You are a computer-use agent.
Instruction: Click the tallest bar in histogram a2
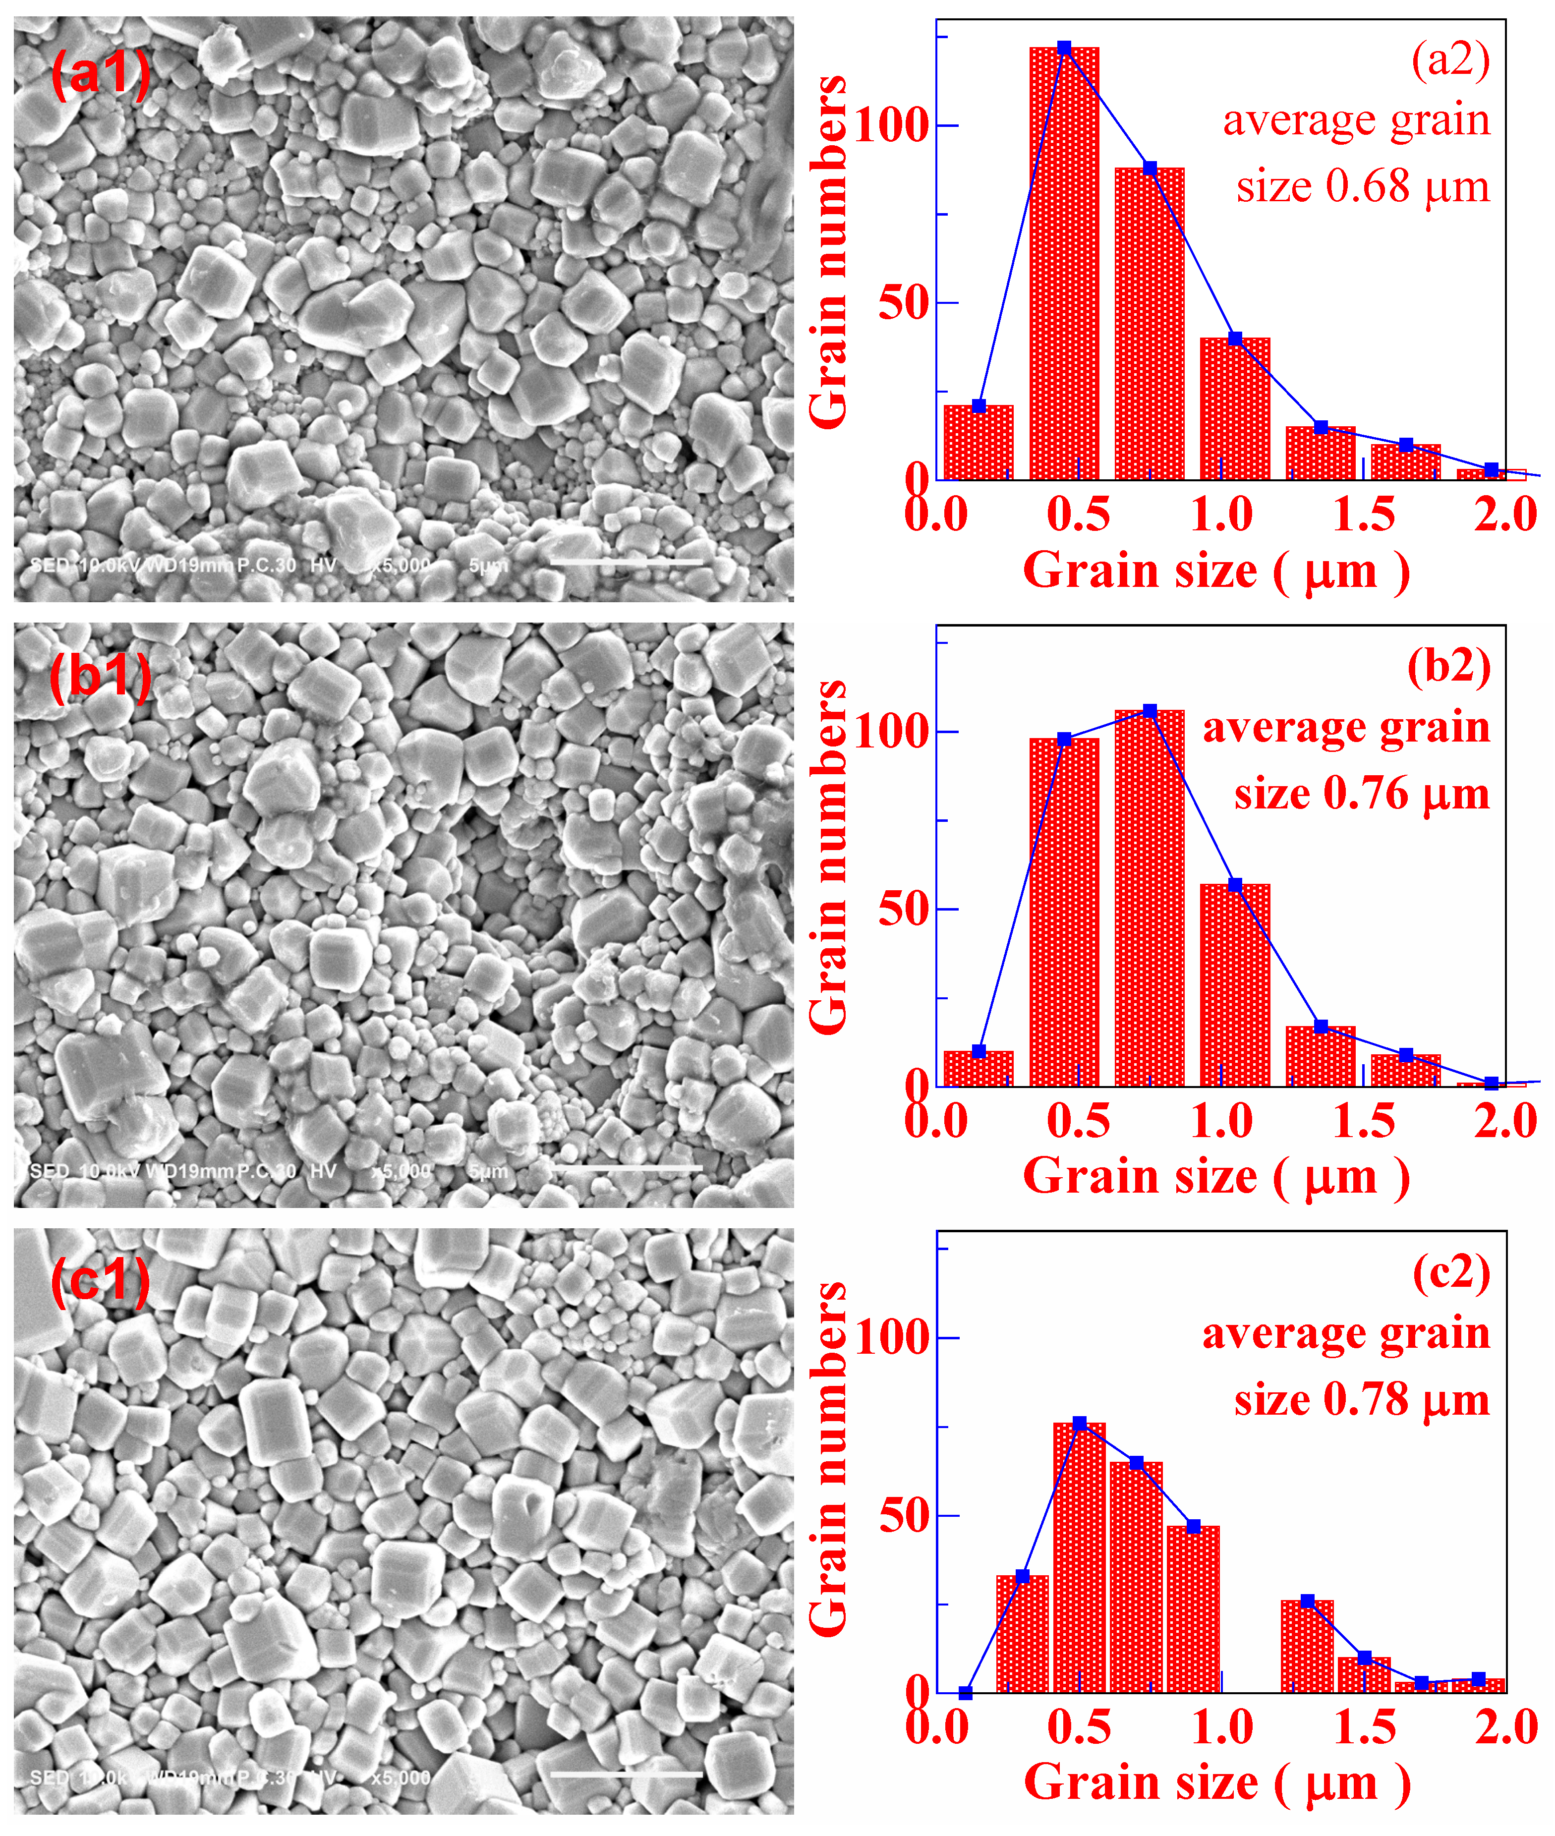click(1064, 264)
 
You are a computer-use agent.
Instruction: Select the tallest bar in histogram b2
click(1150, 899)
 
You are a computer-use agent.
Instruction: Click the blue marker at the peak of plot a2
click(1064, 48)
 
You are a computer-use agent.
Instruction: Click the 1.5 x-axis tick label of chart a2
click(1364, 514)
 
